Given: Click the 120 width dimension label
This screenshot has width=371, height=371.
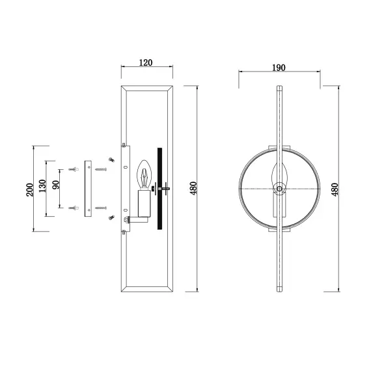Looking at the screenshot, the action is (146, 62).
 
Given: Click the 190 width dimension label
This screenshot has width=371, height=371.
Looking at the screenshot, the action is (279, 68).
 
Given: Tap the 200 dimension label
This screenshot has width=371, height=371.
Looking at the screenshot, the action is (30, 189).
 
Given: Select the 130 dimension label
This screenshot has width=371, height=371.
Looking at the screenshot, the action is (42, 185).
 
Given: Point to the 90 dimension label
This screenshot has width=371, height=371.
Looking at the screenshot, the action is (56, 185).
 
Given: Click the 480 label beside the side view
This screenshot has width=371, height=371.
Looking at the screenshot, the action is (193, 188).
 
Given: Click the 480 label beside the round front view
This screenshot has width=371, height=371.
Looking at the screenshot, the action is (335, 189).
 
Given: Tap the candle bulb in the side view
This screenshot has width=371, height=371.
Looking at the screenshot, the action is (144, 174).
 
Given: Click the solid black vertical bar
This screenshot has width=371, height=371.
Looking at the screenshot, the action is (159, 189).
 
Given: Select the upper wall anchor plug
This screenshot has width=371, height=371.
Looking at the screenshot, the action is (74, 169).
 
